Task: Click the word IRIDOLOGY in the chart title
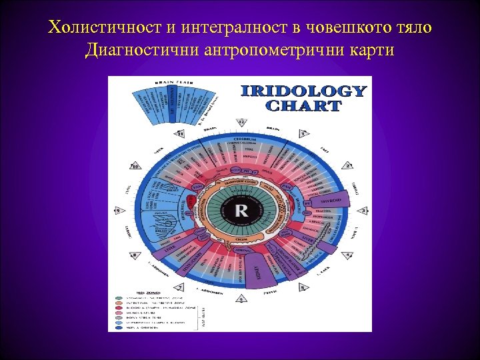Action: tap(303, 91)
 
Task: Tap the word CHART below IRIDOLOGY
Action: tap(303, 105)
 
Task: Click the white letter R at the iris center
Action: tap(240, 211)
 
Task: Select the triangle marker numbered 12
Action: tap(241, 122)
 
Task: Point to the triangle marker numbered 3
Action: tap(363, 211)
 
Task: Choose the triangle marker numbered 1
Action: tap(303, 134)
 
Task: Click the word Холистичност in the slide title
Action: tap(98, 27)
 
